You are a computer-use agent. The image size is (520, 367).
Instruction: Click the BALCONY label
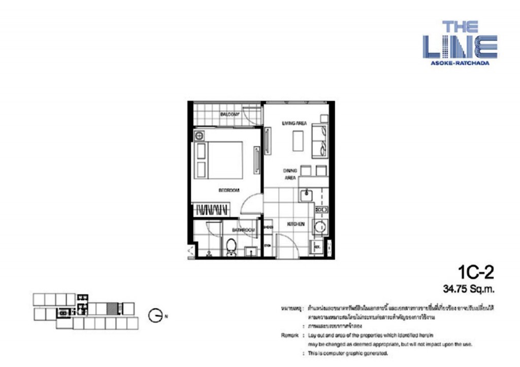[230, 115]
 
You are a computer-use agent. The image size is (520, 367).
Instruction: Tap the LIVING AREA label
[295, 123]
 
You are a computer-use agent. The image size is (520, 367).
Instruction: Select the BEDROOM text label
[229, 190]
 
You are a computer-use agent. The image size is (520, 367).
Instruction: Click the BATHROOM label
[243, 230]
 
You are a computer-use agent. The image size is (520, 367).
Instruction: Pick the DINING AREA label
[290, 174]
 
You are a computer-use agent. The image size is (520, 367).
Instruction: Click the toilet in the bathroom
[231, 247]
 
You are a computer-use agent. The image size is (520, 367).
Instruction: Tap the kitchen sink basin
[306, 194]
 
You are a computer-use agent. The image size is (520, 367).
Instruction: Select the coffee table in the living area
[298, 140]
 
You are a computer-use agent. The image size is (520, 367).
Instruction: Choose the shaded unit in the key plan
[113, 308]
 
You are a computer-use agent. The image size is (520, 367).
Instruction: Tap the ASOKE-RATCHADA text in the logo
[459, 63]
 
